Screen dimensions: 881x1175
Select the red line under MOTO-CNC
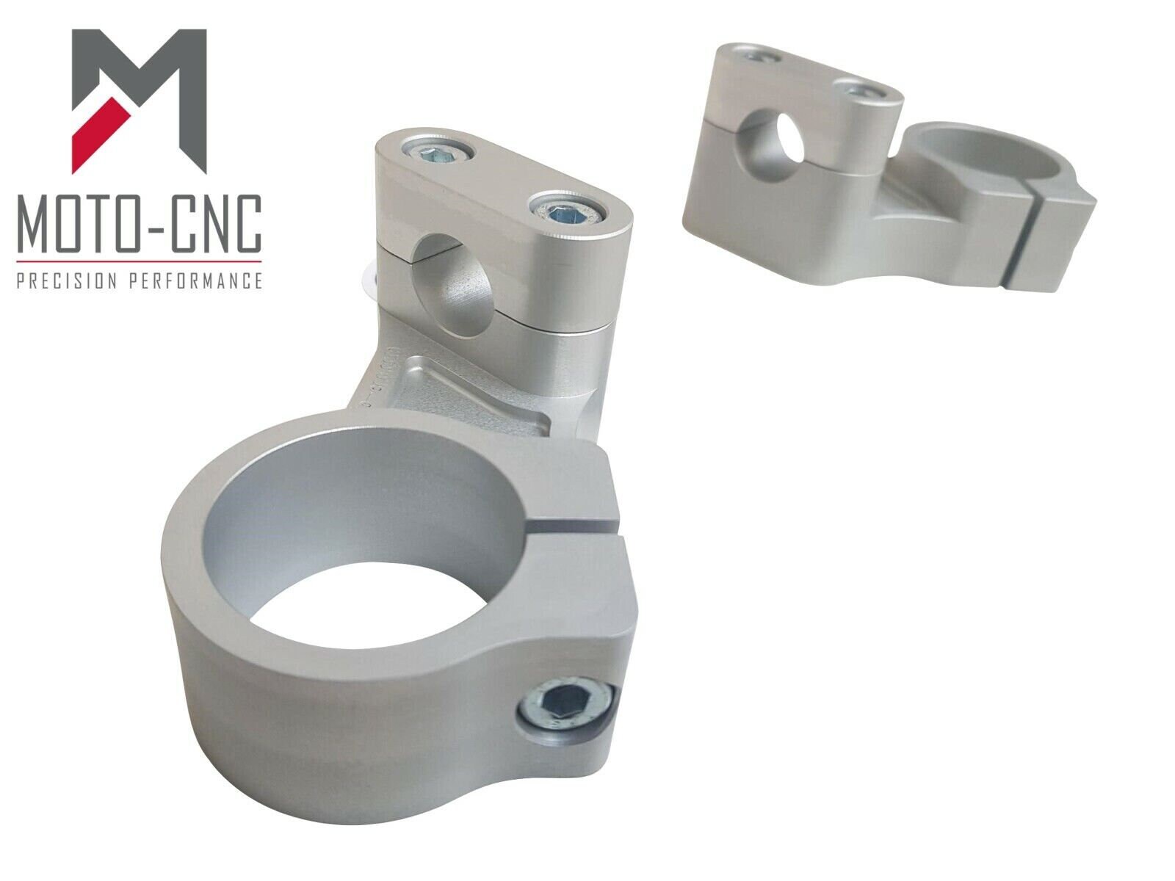pos(139,261)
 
